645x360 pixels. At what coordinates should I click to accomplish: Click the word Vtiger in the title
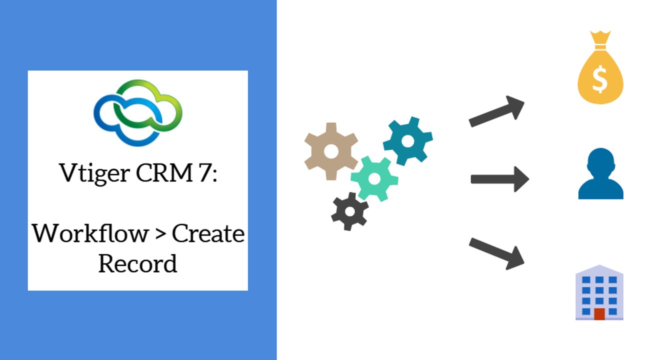[94, 173]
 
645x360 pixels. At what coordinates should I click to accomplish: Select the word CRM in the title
[164, 172]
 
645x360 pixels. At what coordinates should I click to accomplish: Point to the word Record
[137, 263]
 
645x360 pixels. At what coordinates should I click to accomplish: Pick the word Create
[208, 233]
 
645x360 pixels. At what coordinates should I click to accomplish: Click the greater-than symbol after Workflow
[160, 234]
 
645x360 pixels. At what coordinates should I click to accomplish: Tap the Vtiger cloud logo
[138, 112]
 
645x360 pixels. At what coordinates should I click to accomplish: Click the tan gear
[331, 151]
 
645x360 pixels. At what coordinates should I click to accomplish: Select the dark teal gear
[407, 141]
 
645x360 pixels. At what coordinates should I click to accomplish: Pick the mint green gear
[374, 179]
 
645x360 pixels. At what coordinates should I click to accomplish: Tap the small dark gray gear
[350, 211]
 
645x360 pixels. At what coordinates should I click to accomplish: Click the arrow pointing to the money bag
[496, 111]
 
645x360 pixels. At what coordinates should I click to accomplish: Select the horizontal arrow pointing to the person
[500, 179]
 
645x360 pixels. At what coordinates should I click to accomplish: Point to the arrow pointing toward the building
[496, 253]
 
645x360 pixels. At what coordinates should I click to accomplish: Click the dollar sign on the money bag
[600, 79]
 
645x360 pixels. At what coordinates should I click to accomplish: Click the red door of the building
[599, 314]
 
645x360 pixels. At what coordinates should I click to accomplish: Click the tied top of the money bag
[600, 40]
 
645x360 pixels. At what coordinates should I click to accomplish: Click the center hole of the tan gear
[331, 151]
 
